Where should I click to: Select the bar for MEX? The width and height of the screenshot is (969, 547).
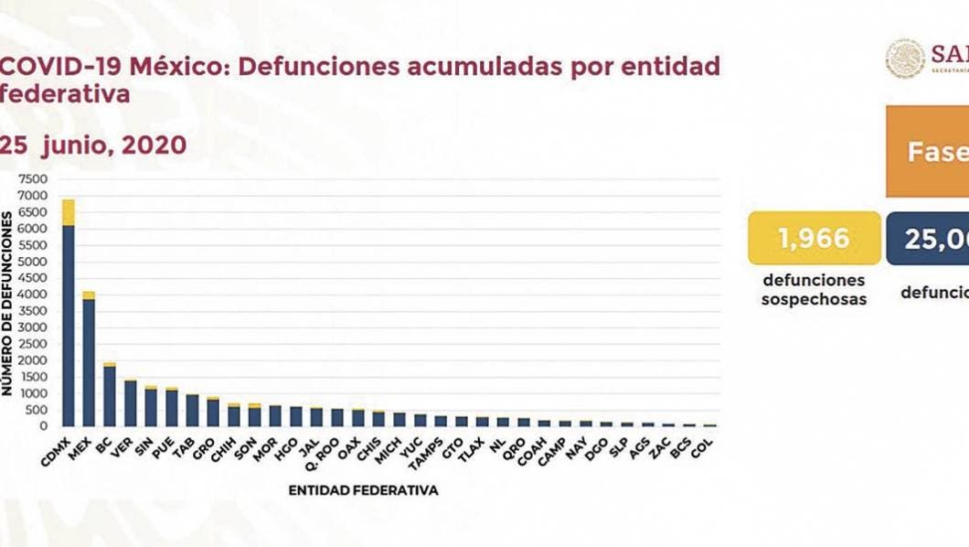coord(89,366)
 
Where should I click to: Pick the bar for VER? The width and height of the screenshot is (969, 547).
coord(130,403)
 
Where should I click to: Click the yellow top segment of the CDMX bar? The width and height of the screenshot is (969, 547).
coord(69,211)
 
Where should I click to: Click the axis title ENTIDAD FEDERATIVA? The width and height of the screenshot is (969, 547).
coord(363,490)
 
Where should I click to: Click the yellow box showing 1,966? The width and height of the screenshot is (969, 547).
coord(814,239)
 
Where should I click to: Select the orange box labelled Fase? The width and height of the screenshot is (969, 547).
coord(927,152)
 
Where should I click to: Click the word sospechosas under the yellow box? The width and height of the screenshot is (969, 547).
coord(814,299)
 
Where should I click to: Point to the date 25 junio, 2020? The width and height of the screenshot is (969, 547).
coord(93,145)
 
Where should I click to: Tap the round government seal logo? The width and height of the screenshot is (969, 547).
coord(905,58)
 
